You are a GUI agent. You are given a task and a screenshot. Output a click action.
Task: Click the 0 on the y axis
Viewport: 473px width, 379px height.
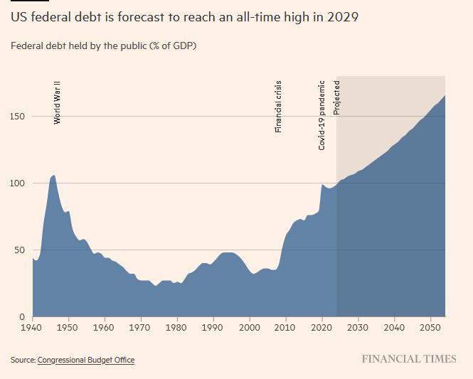[x=23, y=316]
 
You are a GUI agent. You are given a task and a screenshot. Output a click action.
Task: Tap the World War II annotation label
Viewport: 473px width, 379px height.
[x=58, y=102]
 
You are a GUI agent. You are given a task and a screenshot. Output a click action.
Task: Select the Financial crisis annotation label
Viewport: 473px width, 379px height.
[x=279, y=106]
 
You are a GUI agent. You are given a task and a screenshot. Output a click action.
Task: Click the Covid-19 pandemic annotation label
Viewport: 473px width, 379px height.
[x=322, y=114]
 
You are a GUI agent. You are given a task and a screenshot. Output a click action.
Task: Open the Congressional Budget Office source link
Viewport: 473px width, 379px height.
[x=86, y=360]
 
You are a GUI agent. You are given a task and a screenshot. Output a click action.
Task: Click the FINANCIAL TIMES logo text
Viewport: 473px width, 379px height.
[x=409, y=359]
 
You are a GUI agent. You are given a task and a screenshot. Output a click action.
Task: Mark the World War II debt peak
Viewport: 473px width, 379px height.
[x=53, y=175]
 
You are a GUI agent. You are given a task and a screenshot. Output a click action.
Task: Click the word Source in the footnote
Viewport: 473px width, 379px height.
[x=22, y=360]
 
